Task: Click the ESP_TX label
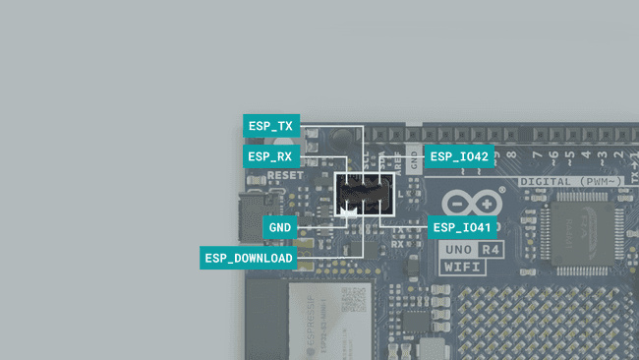pyautogui.click(x=271, y=126)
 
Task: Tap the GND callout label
pyautogui.click(x=280, y=227)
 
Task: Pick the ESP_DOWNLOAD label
pyautogui.click(x=249, y=258)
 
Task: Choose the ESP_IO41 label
pyautogui.click(x=460, y=227)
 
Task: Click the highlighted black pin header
pyautogui.click(x=365, y=194)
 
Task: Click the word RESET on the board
pyautogui.click(x=285, y=176)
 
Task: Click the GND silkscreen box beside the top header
pyautogui.click(x=415, y=162)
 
